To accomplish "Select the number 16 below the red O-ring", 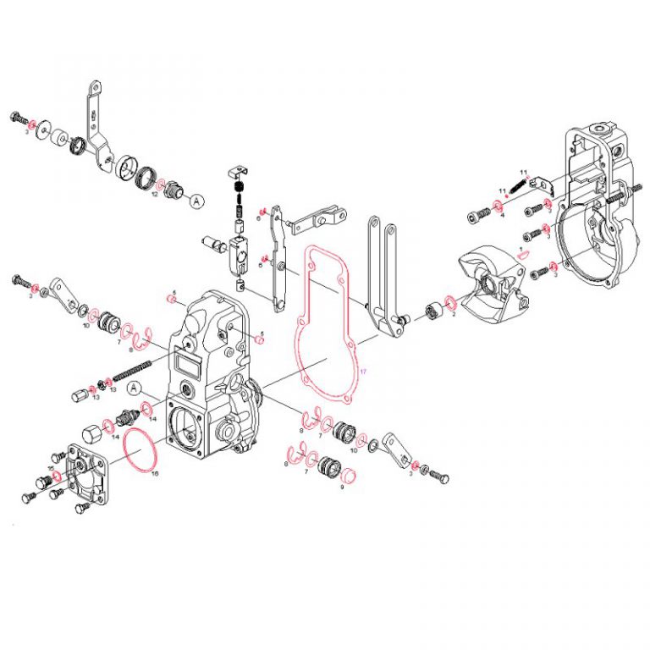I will [155, 473].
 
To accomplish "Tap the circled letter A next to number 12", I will [196, 201].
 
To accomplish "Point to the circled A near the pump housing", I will [135, 388].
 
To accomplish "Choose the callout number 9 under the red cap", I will [343, 487].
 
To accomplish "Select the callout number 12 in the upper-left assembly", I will [155, 194].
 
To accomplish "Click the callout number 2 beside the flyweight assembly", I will [454, 314].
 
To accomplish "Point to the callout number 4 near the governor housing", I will [501, 215].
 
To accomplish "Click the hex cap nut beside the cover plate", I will [94, 430].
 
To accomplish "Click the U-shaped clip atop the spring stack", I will [238, 174].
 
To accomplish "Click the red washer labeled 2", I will [449, 303].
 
